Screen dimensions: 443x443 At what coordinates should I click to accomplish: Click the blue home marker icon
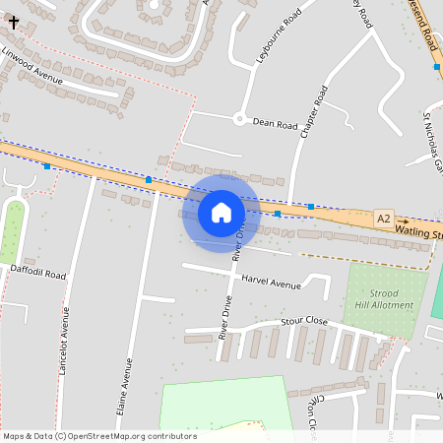tap(221, 212)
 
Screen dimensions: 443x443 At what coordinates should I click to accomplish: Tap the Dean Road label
tap(275, 125)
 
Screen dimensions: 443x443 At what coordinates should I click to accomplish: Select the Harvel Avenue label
tap(271, 284)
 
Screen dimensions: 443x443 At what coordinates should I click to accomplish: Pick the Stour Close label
tap(303, 321)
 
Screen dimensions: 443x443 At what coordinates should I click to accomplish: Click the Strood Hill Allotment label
tap(384, 299)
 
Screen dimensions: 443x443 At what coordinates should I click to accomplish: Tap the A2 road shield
tap(383, 218)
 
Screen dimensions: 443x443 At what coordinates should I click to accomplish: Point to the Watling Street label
tap(418, 232)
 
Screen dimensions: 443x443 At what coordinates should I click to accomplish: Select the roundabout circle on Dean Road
tap(238, 119)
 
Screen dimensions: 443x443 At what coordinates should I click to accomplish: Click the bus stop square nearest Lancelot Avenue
tap(47, 166)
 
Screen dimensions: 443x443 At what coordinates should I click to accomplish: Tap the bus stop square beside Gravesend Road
tap(436, 67)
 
